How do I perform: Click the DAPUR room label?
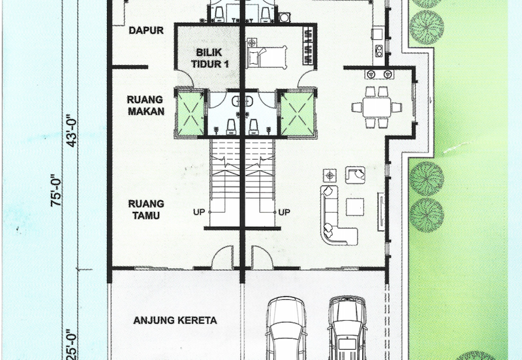coord(146,30)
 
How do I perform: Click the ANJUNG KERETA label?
coord(175,320)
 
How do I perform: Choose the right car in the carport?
coord(346,329)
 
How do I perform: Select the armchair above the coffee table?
coord(356,175)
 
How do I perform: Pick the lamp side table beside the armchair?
coord(331,175)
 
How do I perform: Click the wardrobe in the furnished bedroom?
coord(308,46)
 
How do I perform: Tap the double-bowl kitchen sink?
coord(379,74)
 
